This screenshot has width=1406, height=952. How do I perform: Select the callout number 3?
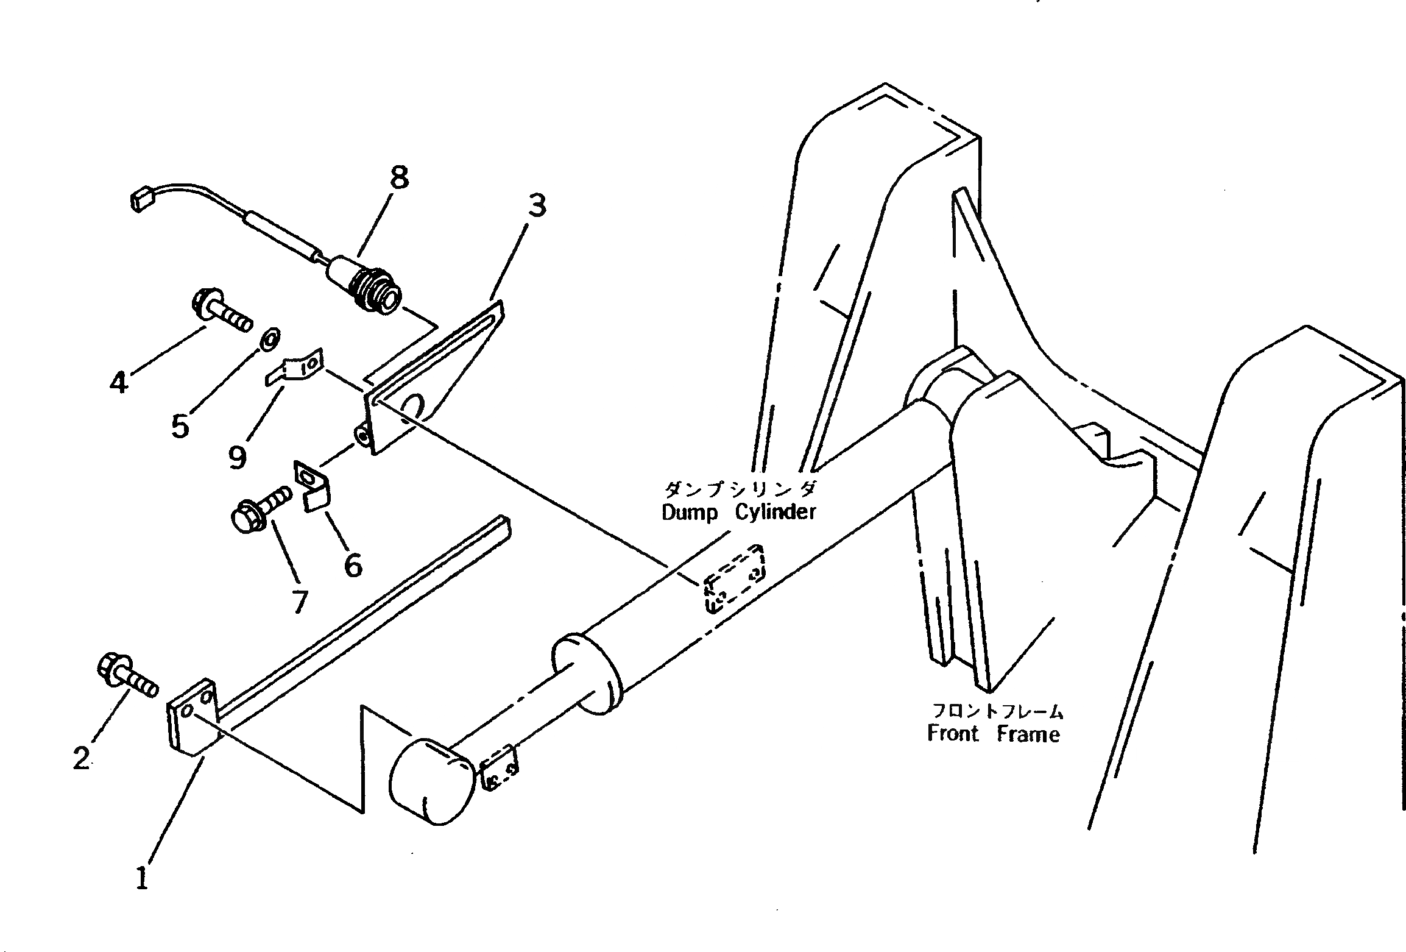coord(537,206)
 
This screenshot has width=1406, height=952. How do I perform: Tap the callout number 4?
coord(119,382)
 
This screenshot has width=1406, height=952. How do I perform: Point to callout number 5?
coord(180,426)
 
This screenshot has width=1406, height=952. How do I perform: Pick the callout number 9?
coord(238,456)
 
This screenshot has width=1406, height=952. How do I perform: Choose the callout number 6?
coord(353,565)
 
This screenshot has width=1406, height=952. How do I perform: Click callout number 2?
coord(81,758)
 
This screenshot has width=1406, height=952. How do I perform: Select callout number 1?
coord(142,878)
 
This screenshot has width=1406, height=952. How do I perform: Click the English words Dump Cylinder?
coord(738,513)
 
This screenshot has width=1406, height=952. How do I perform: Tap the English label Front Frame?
coord(993,734)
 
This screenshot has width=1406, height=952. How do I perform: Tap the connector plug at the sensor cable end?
coord(140,201)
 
